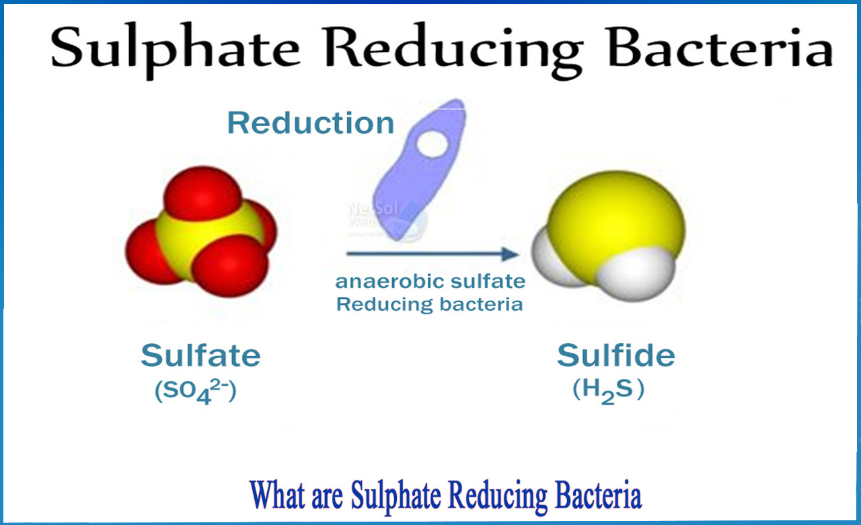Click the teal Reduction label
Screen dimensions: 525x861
click(x=310, y=123)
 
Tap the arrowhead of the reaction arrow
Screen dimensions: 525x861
click(x=513, y=254)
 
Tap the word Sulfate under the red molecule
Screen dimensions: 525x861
click(x=200, y=356)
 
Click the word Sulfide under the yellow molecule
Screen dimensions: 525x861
click(x=615, y=356)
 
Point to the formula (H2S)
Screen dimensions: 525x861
click(x=609, y=391)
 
